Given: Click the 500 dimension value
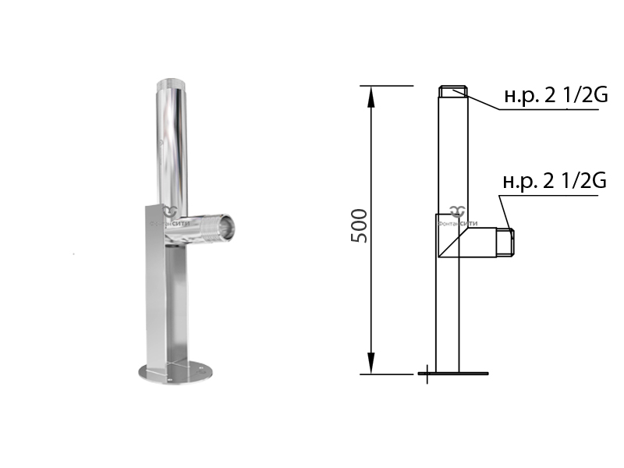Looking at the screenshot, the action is click(359, 225).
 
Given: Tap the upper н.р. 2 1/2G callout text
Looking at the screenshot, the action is click(556, 95).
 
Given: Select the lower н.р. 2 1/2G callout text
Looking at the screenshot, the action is click(555, 181).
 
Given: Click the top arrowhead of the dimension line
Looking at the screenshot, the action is click(371, 96).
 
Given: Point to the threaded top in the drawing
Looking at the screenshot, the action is click(453, 91).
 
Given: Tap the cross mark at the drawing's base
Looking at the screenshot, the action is click(427, 374).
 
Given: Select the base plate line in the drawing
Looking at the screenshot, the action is click(454, 374).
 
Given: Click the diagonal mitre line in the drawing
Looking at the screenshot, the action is click(453, 243).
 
